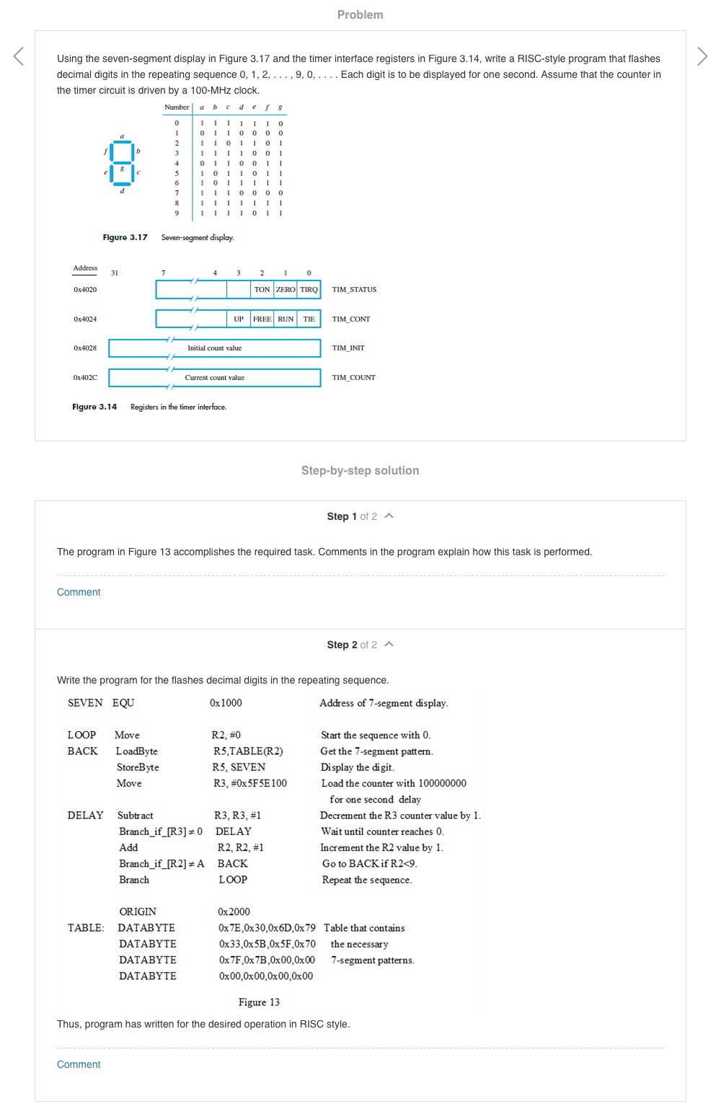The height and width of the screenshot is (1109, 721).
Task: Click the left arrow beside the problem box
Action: (19, 56)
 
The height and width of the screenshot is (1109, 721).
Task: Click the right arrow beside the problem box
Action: (702, 56)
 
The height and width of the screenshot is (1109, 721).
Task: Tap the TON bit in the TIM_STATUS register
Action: (262, 290)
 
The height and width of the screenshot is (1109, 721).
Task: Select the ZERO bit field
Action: (286, 290)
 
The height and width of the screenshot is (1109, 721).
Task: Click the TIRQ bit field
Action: (309, 290)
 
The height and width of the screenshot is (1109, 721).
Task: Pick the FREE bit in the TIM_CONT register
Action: (262, 319)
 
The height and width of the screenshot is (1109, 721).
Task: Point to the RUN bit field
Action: (286, 319)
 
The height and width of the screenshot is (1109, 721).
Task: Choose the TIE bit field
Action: (309, 319)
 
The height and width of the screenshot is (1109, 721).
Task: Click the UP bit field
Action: (239, 319)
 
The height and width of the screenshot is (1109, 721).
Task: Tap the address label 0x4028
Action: (85, 348)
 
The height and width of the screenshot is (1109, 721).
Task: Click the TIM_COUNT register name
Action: (353, 378)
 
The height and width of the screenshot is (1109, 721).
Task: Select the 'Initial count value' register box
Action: (215, 348)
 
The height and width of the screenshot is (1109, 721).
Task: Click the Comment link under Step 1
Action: (79, 592)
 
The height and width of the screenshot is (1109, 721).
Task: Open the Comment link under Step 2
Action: (79, 1064)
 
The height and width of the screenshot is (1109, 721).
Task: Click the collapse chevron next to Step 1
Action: (389, 516)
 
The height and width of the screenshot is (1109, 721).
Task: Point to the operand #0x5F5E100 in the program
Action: (250, 784)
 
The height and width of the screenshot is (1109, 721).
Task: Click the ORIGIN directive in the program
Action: (138, 912)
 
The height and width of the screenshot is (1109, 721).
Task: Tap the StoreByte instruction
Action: (138, 767)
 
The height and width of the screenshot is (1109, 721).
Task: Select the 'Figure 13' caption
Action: (259, 1002)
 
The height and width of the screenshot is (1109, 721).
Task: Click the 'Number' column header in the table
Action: (177, 107)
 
